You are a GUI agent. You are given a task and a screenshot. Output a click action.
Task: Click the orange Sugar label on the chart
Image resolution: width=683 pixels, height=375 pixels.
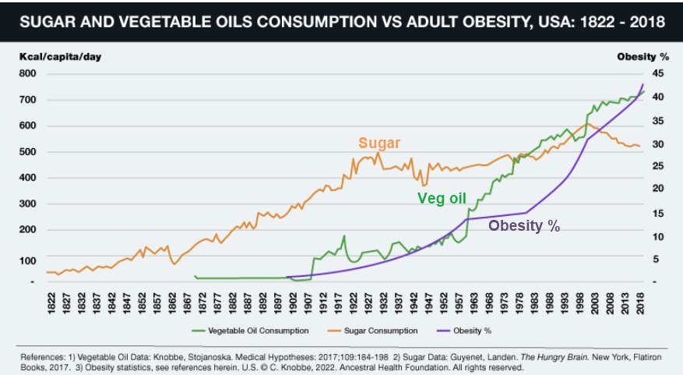pyautogui.click(x=379, y=143)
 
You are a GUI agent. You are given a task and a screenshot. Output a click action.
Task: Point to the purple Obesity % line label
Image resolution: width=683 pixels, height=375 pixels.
pyautogui.click(x=524, y=227)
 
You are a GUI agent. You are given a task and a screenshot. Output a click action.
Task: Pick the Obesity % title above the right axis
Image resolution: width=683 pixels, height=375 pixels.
pyautogui.click(x=643, y=57)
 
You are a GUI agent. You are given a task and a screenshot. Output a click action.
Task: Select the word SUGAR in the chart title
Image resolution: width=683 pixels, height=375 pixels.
pyautogui.click(x=44, y=23)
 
